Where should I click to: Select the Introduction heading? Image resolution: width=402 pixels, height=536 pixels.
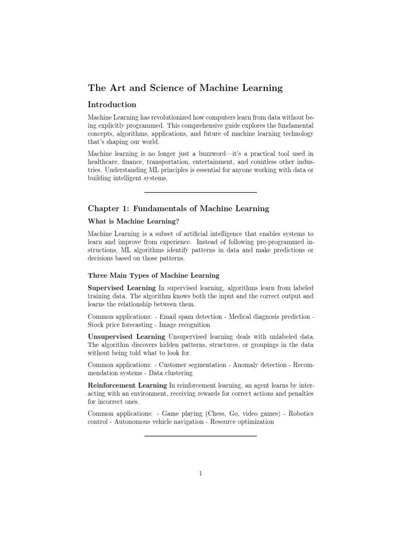[112, 105]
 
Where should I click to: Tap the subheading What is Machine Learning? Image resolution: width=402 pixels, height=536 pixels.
[130, 221]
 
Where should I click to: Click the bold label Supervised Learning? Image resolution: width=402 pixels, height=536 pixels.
[121, 288]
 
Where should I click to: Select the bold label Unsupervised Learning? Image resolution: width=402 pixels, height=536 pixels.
[127, 335]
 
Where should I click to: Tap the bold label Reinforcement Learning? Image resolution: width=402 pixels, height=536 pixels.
[127, 385]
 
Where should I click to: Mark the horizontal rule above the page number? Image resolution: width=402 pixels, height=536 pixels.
[200, 435]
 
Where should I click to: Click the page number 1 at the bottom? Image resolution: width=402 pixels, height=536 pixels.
[200, 474]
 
